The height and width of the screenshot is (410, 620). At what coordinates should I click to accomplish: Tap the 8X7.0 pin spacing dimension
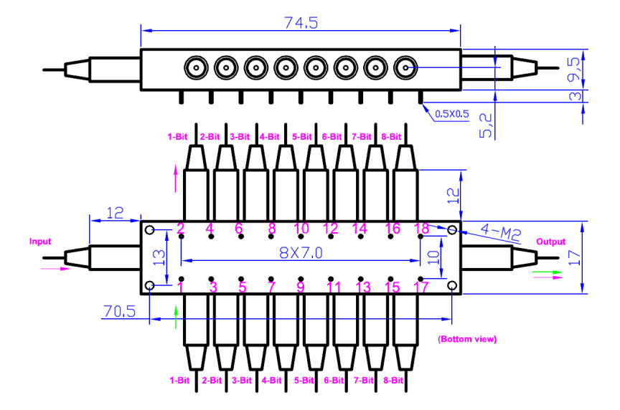tap(301, 253)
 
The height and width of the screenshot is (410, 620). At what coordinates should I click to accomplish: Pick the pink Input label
tap(40, 242)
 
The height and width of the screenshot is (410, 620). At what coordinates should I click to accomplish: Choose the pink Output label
tap(551, 242)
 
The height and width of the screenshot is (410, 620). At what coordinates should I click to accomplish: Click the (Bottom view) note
tap(467, 338)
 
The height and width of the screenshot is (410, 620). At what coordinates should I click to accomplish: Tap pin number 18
tap(421, 229)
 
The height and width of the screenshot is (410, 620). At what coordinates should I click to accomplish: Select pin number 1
tap(181, 287)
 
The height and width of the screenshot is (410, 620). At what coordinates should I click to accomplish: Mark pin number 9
tap(301, 287)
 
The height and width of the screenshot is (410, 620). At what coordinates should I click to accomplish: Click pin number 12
tap(331, 229)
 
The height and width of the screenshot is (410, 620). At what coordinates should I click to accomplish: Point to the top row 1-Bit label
tap(179, 135)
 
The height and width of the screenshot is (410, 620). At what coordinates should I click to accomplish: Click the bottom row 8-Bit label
tap(393, 379)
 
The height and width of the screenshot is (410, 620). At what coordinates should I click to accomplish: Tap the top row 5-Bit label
tap(301, 135)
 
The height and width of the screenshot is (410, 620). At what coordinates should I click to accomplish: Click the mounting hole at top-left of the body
tap(150, 230)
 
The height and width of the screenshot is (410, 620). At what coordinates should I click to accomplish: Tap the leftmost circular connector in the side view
tap(195, 68)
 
